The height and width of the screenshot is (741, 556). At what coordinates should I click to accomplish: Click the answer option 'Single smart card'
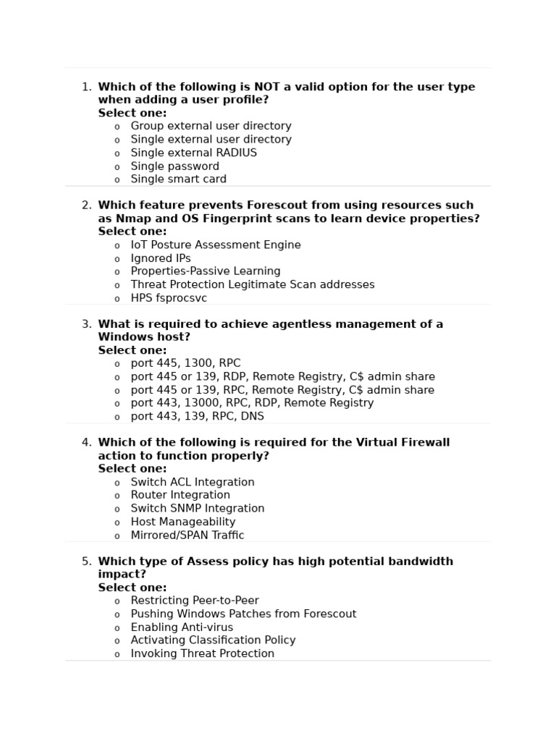(x=178, y=179)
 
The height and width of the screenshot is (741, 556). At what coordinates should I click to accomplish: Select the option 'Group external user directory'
(x=211, y=126)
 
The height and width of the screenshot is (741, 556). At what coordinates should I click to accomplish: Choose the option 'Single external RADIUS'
(x=193, y=153)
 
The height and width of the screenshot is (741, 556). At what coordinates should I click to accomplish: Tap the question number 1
(x=86, y=87)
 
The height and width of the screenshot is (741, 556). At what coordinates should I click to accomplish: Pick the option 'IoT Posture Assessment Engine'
(x=215, y=245)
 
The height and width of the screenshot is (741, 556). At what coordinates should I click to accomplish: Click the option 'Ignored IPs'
(x=161, y=258)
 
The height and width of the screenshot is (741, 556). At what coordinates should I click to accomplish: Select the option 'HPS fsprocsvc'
(x=169, y=298)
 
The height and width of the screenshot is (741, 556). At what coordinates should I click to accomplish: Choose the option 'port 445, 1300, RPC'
(x=185, y=363)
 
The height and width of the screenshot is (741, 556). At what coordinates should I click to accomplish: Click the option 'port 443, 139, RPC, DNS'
(x=197, y=416)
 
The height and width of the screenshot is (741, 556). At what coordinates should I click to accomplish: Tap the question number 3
(x=86, y=324)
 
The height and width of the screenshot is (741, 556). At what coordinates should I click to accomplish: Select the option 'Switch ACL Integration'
(x=193, y=482)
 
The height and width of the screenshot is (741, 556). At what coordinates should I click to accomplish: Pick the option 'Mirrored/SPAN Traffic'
(x=188, y=535)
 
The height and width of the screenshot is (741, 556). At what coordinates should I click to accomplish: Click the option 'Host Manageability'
(x=183, y=522)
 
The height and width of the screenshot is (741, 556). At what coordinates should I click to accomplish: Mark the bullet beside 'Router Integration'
(x=117, y=496)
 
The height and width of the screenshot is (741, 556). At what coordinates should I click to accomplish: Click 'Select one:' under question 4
(x=132, y=469)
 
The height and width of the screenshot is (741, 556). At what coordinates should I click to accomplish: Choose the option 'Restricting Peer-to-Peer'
(x=195, y=601)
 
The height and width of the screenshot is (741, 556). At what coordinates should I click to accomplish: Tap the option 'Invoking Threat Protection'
(x=203, y=653)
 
